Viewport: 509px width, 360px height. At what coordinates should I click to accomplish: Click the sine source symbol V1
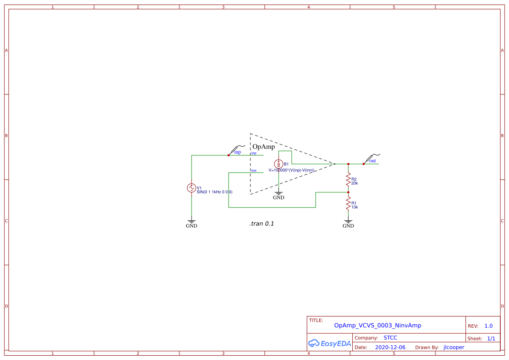click(191, 188)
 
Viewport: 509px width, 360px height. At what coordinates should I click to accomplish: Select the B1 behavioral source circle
click(279, 164)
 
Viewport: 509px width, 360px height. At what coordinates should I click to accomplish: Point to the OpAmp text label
click(263, 147)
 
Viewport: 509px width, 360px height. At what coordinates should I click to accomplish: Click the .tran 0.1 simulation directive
click(262, 224)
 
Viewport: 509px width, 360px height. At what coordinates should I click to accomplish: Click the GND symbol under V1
click(191, 223)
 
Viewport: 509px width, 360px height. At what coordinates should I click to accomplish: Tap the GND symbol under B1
click(279, 195)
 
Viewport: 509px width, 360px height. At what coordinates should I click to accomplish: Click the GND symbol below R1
click(348, 223)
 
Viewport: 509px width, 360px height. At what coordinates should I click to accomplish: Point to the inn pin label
click(253, 170)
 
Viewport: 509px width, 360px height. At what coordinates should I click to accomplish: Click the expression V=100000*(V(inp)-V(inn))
click(291, 170)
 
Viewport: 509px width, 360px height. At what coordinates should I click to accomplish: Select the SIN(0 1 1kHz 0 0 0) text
click(214, 192)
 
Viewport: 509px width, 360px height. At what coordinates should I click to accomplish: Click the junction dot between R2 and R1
click(348, 192)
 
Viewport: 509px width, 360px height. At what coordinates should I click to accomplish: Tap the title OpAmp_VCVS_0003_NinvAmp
click(378, 325)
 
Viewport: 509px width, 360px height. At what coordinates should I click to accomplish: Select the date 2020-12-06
click(390, 347)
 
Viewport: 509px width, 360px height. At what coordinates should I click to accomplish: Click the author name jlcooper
click(454, 347)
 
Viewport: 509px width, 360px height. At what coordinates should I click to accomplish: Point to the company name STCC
click(390, 338)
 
